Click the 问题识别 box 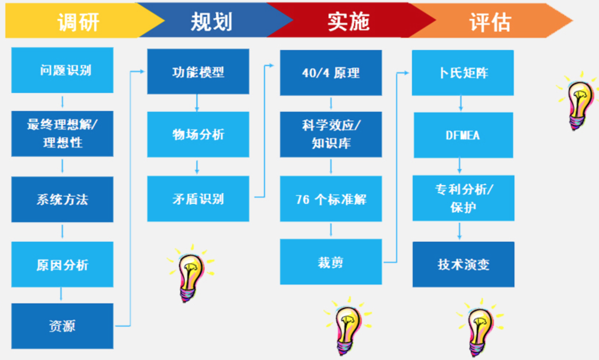click(62, 70)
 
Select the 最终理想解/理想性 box click(62, 134)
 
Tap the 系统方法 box click(62, 199)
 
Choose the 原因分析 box click(62, 265)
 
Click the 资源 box click(62, 326)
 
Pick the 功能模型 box click(198, 71)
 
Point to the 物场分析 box click(198, 134)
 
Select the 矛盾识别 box click(198, 199)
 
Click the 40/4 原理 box click(331, 73)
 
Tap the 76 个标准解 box click(331, 199)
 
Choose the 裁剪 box click(331, 262)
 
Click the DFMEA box click(463, 135)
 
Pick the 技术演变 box click(463, 264)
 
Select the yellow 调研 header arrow click(78, 21)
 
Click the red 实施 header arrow click(349, 21)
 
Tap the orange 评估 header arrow click(490, 21)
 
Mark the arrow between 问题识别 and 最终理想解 click(62, 102)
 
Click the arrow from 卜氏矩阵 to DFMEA click(461, 103)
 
